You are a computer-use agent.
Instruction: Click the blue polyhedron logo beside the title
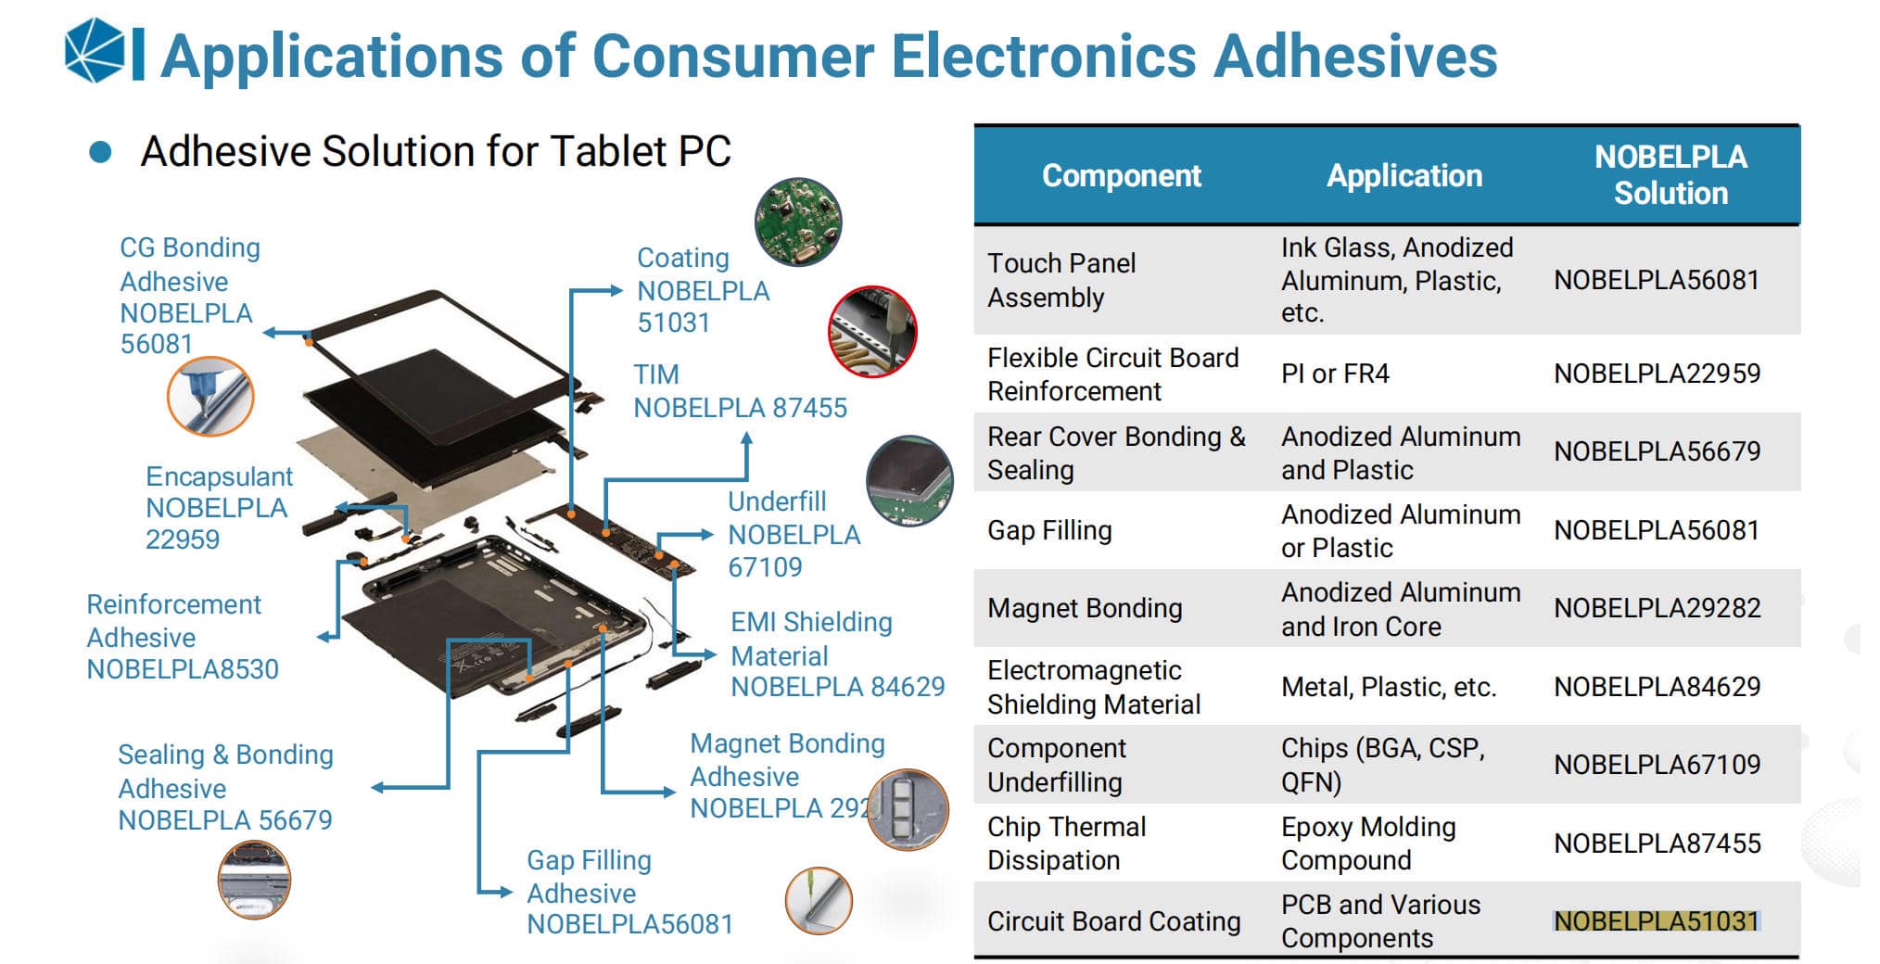[x=95, y=51]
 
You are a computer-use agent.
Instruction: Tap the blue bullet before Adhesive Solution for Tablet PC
[x=100, y=153]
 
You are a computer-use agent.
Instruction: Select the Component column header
[x=1121, y=175]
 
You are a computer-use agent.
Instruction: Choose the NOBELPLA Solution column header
[x=1670, y=175]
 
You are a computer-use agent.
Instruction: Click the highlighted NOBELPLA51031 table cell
[x=1656, y=921]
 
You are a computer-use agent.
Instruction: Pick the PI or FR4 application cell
[x=1335, y=374]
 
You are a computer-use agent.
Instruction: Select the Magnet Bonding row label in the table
[x=1085, y=608]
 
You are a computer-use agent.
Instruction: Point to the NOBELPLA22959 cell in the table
[x=1657, y=374]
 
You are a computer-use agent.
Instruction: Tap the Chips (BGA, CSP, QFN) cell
[x=1381, y=765]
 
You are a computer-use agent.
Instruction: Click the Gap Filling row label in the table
[x=1049, y=530]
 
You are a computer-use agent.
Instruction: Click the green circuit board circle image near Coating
[x=797, y=222]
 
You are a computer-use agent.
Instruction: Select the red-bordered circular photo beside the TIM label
[x=872, y=332]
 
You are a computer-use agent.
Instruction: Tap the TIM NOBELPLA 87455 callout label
[x=739, y=391]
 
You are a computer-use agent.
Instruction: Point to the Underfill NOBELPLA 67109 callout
[x=794, y=535]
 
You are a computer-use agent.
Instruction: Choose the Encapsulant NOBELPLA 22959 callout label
[x=218, y=508]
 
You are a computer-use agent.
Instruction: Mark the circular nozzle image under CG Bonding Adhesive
[x=210, y=396]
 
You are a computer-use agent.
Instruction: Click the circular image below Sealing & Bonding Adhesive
[x=254, y=880]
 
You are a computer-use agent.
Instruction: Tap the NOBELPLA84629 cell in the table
[x=1657, y=687]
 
